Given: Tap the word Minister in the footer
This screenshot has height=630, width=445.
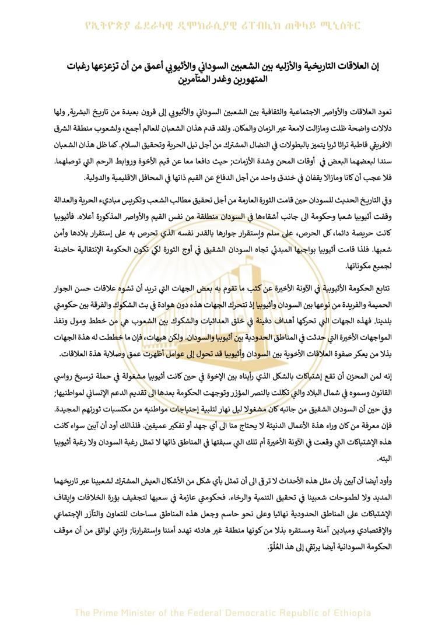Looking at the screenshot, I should [x=148, y=612].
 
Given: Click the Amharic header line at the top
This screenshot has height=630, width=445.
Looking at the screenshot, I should [x=222, y=26].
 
